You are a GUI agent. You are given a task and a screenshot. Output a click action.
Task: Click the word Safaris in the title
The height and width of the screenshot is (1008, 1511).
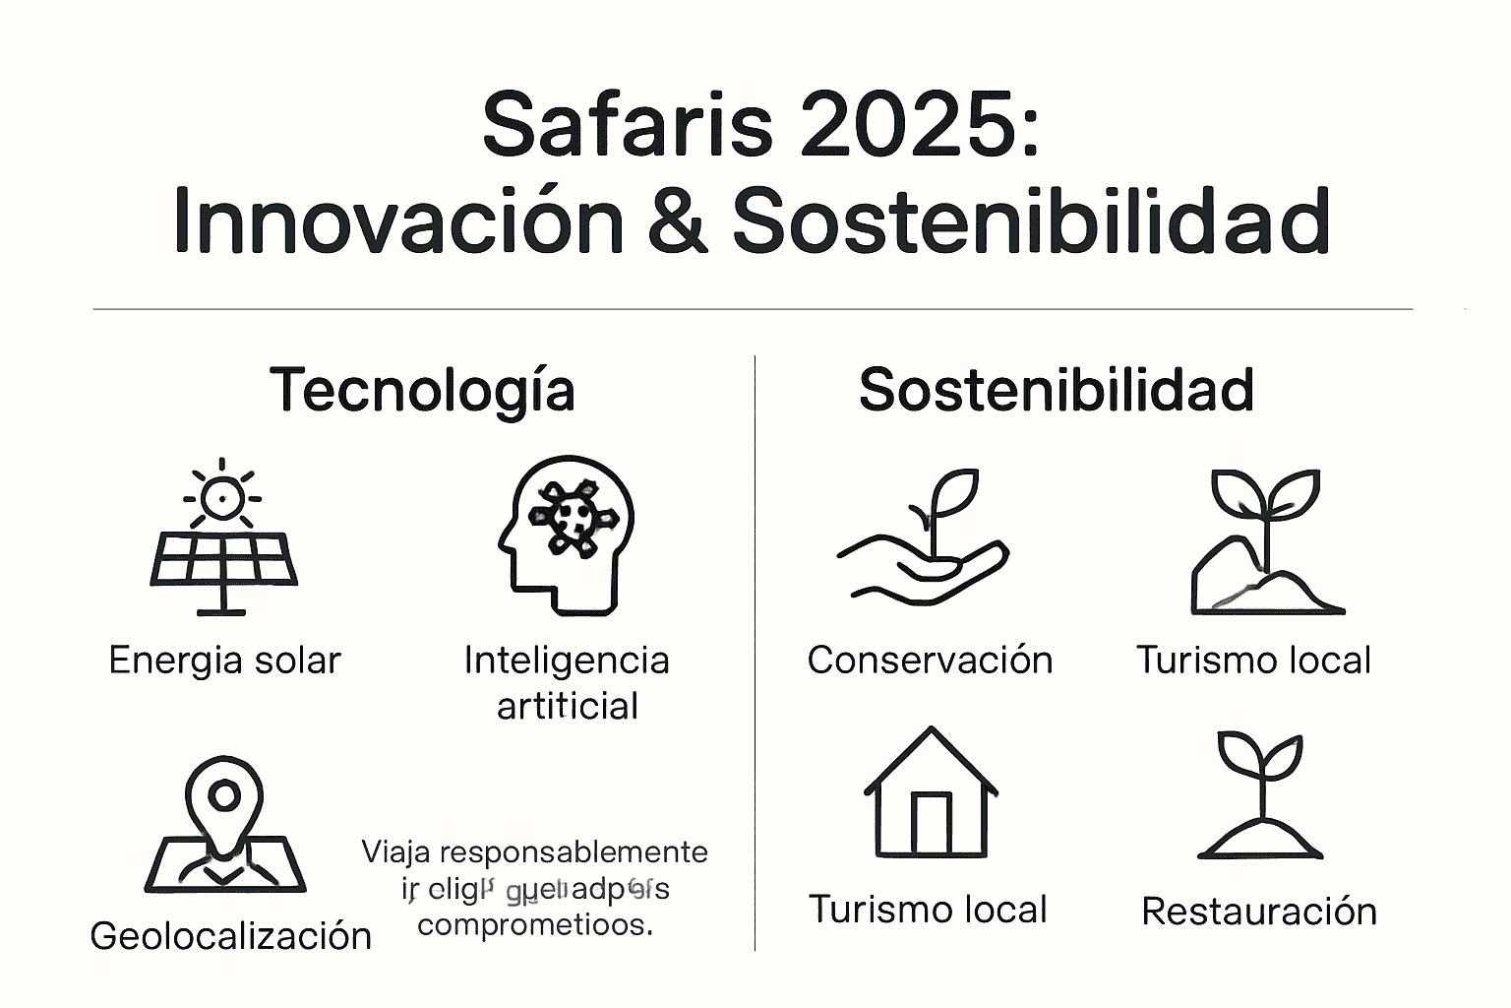(628, 126)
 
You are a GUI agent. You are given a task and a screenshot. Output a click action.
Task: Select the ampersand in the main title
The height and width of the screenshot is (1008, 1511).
(678, 220)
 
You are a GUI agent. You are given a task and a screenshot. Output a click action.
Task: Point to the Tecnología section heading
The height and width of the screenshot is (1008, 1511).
(422, 390)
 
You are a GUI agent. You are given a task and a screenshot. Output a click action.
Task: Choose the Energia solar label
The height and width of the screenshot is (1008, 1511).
(224, 660)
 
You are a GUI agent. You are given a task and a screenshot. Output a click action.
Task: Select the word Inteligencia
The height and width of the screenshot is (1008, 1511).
(567, 660)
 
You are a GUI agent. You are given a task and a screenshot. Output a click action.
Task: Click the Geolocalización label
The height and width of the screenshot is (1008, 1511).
(231, 935)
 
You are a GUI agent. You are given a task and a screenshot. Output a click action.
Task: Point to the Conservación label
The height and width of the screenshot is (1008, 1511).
(930, 660)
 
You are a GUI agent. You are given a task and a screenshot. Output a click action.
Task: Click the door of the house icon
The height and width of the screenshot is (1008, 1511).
(931, 823)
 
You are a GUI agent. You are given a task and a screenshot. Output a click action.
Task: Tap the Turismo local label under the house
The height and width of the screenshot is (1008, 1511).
(928, 910)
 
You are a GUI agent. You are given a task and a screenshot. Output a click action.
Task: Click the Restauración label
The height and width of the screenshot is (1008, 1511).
(1259, 912)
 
